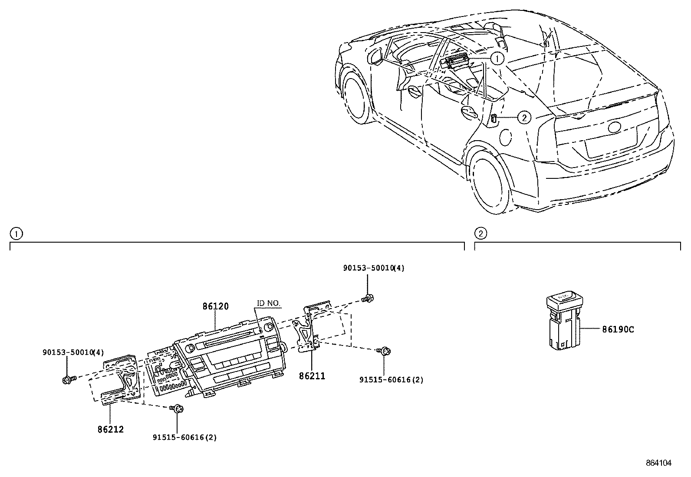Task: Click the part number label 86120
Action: pyautogui.click(x=215, y=306)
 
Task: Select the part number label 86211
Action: pyautogui.click(x=312, y=376)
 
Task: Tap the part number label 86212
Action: pyautogui.click(x=111, y=430)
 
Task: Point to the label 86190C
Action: pyautogui.click(x=618, y=329)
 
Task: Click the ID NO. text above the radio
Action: pyautogui.click(x=269, y=303)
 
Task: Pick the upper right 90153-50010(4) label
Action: pyautogui.click(x=373, y=268)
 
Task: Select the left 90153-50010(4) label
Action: pyautogui.click(x=73, y=352)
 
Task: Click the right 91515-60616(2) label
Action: pyautogui.click(x=391, y=379)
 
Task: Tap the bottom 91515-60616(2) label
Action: pyautogui.click(x=184, y=438)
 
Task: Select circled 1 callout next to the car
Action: pyautogui.click(x=497, y=58)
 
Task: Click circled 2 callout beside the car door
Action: pyautogui.click(x=524, y=117)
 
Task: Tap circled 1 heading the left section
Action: pyautogui.click(x=16, y=234)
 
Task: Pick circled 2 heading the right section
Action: pyautogui.click(x=480, y=234)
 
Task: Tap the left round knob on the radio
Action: pyautogui.click(x=190, y=348)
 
